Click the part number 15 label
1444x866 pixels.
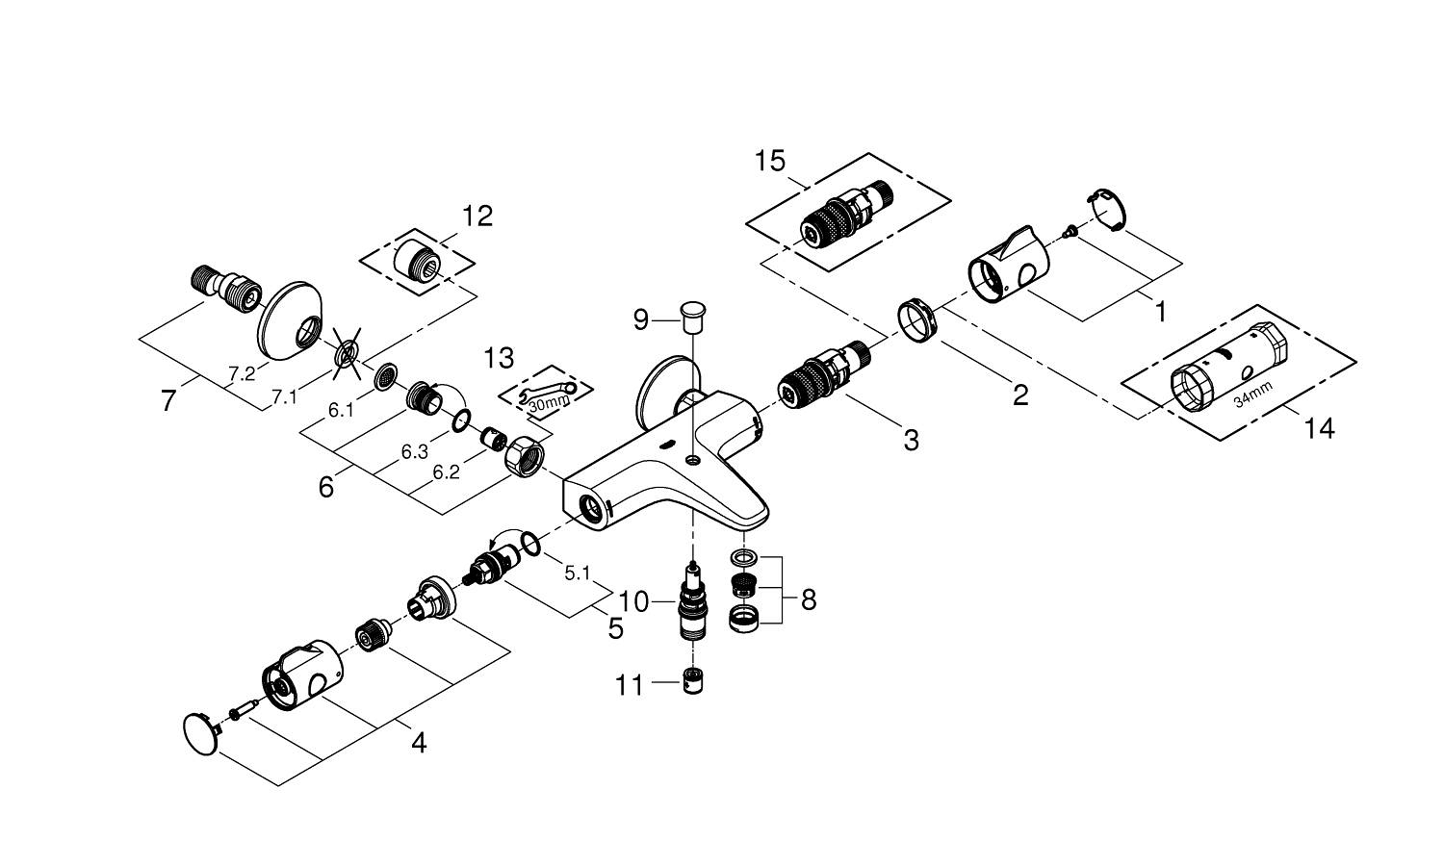click(770, 162)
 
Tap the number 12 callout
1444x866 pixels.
click(477, 216)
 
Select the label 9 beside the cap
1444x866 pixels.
click(641, 319)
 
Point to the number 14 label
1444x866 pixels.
click(1320, 429)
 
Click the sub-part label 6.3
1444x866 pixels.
click(415, 452)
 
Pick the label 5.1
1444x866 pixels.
click(577, 573)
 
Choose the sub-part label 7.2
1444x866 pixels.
click(242, 374)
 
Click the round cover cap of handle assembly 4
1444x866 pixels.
click(200, 728)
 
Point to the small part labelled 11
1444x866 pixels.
click(691, 681)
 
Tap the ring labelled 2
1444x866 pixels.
click(916, 318)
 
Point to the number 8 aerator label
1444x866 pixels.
click(808, 600)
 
